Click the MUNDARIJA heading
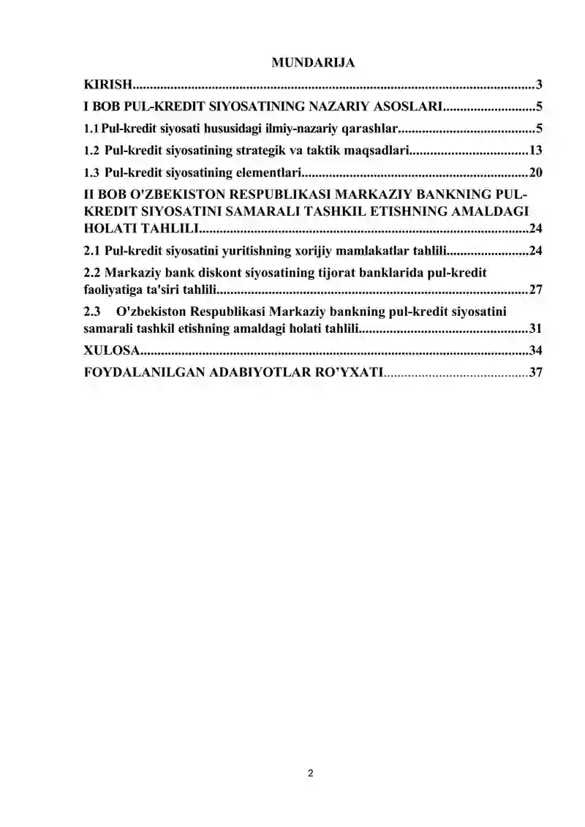(313, 63)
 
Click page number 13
(535, 151)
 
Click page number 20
(535, 173)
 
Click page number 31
(535, 328)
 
